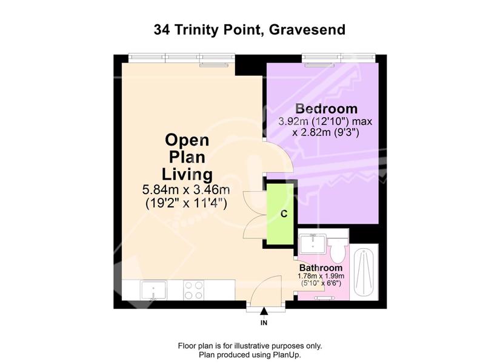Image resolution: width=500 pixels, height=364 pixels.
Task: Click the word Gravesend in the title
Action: [307, 30]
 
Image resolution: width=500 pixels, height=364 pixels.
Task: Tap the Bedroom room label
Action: [326, 109]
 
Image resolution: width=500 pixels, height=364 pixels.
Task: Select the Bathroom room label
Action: [321, 268]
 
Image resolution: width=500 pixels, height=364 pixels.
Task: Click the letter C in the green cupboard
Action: [284, 214]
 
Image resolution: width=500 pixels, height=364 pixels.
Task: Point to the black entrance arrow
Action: [264, 311]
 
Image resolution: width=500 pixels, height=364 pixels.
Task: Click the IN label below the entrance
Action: [264, 323]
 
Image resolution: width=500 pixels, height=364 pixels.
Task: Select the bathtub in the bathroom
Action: [364, 272]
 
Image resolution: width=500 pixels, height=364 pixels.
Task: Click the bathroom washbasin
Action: [313, 244]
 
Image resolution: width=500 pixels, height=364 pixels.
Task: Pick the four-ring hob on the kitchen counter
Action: [193, 290]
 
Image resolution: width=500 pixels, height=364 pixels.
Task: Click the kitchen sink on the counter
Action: [154, 290]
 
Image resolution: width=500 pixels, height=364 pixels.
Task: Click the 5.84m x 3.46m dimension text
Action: [186, 190]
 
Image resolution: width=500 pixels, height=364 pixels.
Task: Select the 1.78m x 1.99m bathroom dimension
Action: [321, 276]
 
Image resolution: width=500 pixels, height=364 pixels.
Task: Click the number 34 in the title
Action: [162, 30]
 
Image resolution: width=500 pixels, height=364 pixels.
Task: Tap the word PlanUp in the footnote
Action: [286, 354]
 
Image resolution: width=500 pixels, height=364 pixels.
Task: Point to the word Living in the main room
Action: [187, 175]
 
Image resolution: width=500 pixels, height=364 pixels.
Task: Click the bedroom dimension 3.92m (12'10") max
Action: [325, 121]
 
